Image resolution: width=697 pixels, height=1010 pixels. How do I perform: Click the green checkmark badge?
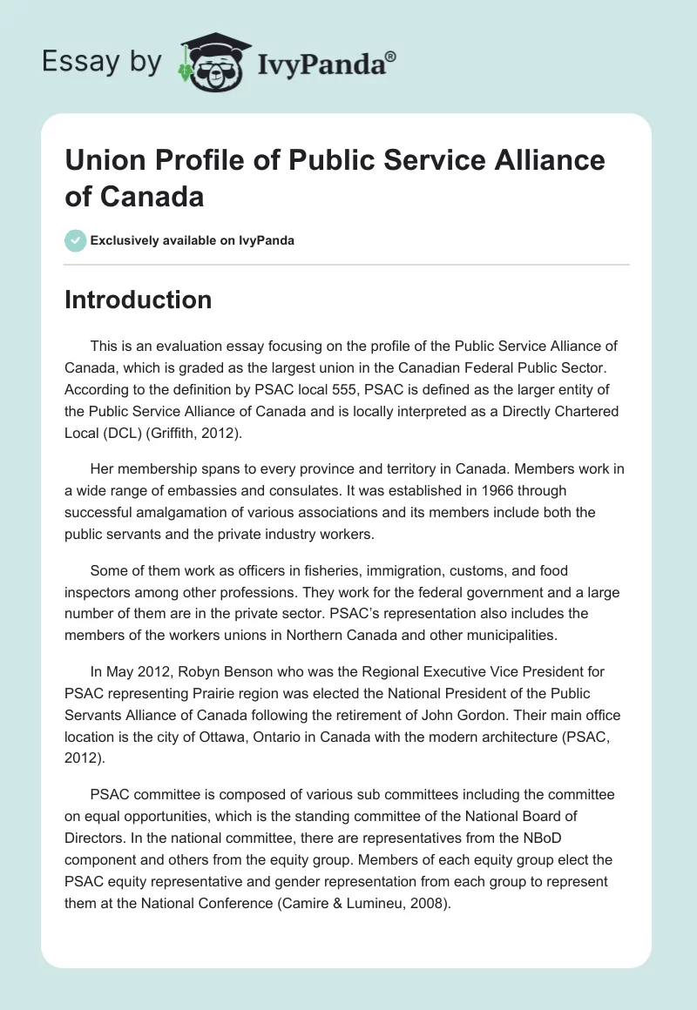76,240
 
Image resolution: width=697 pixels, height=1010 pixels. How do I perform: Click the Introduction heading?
139,300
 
